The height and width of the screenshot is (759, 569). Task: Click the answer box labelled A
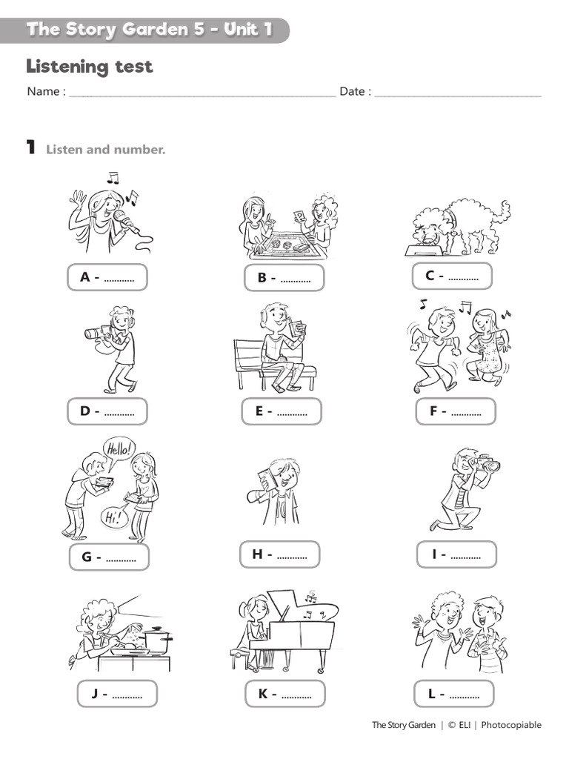pos(107,277)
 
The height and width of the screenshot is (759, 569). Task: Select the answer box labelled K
pos(284,694)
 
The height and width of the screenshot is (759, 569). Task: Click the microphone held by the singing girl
pos(120,217)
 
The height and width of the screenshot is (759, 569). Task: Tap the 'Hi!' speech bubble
pos(113,517)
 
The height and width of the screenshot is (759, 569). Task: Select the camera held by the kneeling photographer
pos(486,465)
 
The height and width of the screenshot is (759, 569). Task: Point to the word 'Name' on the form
pos(43,92)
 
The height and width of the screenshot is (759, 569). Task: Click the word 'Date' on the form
pos(352,92)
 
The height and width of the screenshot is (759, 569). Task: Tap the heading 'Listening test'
pos(90,67)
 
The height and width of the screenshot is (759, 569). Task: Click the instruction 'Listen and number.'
pos(106,150)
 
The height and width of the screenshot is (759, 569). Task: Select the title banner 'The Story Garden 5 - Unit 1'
pos(148,30)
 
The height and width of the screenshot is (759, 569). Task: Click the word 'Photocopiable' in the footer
pos(511,725)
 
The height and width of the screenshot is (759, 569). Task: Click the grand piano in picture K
pos(296,626)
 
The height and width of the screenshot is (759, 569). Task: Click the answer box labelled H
pos(279,554)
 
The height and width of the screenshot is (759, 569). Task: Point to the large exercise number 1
pos(31,148)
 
